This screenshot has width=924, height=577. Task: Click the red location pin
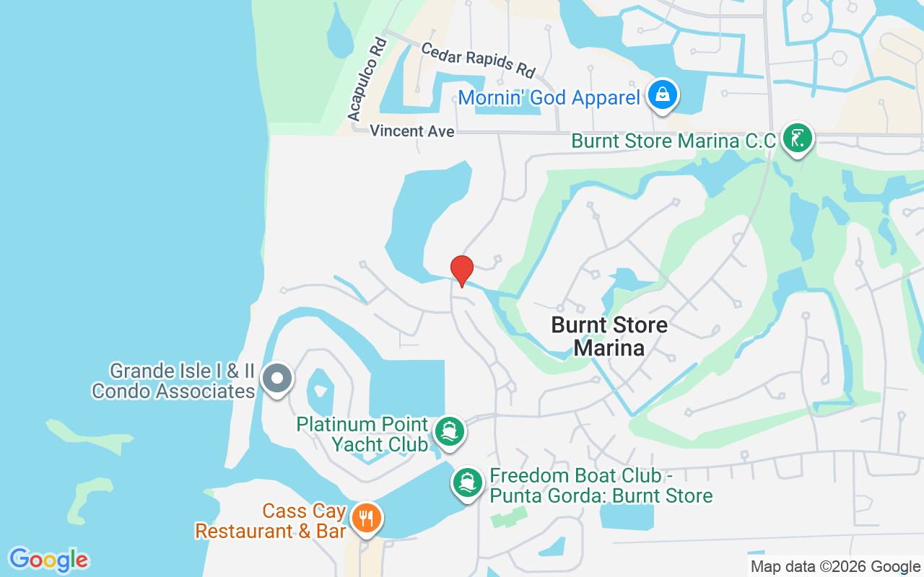[462, 270]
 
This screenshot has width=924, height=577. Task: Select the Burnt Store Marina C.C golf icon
[796, 138]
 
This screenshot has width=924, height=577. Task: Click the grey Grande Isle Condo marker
[276, 378]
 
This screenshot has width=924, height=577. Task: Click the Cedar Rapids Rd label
[478, 60]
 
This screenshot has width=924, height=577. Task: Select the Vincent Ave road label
[412, 131]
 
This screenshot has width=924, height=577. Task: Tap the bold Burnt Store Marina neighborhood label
[609, 336]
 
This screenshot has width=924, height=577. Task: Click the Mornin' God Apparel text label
[549, 97]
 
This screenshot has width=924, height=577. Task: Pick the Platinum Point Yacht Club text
[362, 434]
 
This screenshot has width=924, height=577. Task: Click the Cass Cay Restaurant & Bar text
[271, 521]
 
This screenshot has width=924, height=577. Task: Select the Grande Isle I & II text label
[182, 372]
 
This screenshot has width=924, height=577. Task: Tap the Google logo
[49, 560]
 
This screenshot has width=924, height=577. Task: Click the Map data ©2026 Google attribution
[835, 567]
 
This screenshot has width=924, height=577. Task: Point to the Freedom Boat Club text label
[601, 486]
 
